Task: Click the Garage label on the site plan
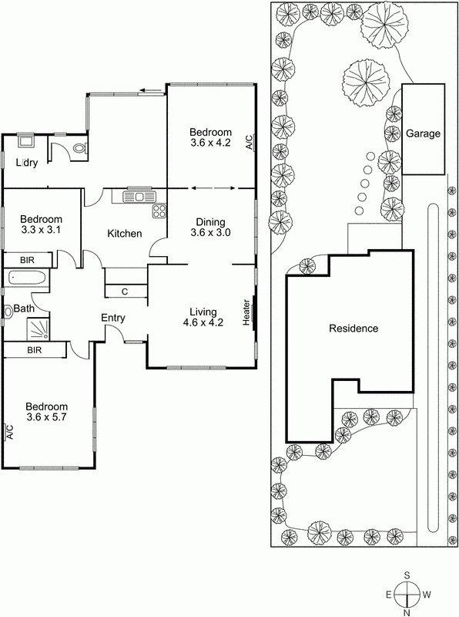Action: pos(424,133)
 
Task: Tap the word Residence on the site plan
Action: pos(353,329)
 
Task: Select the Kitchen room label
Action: pos(123,234)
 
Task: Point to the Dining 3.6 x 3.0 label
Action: pos(211,226)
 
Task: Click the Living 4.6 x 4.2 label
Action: pos(206,317)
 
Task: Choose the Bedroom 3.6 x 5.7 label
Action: pos(46,413)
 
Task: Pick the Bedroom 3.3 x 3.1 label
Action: pos(41,224)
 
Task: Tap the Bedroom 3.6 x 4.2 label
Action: pos(211,137)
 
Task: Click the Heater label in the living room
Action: pos(247,312)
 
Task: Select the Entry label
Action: pos(113,318)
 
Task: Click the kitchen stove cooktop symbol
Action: pos(159,211)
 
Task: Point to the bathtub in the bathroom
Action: pos(28,278)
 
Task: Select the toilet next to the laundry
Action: pos(79,150)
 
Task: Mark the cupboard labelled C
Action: pos(125,292)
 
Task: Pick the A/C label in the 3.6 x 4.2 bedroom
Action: pos(248,142)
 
